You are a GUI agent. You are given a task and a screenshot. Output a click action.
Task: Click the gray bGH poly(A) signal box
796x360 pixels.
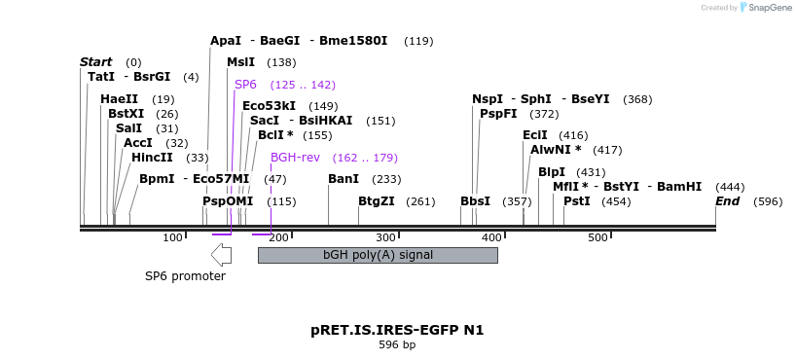point(378,255)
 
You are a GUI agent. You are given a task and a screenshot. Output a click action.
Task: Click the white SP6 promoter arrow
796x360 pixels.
point(221,255)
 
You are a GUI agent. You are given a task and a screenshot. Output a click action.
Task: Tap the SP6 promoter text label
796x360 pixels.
point(185,276)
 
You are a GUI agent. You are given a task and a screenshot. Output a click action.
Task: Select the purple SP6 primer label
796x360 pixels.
point(245,85)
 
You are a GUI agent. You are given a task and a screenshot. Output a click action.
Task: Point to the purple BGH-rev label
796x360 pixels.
point(295,158)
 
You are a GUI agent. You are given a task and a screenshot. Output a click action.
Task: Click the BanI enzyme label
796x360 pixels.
point(344,179)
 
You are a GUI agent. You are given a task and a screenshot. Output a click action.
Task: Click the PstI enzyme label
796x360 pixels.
point(577,201)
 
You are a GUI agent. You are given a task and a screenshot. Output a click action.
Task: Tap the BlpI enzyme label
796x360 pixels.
point(552,172)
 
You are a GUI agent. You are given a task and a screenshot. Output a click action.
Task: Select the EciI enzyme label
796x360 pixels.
point(535,135)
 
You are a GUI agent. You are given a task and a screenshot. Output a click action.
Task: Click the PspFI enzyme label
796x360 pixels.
point(499,114)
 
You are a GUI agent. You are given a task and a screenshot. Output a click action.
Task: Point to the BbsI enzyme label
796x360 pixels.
point(476,201)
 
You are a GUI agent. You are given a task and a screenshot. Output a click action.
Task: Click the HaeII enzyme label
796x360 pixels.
point(119,99)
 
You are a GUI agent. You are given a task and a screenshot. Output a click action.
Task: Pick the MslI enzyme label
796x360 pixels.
point(240,62)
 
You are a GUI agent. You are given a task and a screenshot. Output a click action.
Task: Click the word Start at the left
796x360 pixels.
point(95,62)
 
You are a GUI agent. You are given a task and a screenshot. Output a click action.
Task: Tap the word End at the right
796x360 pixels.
point(728,201)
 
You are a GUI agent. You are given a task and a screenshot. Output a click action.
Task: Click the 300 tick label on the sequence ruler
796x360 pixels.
point(385,238)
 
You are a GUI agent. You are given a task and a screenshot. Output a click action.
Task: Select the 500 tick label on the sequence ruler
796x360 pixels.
point(597,238)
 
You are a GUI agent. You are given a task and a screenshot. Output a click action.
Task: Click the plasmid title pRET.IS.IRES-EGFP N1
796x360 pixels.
point(397,330)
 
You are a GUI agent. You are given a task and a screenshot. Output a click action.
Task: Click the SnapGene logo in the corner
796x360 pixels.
point(768,8)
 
